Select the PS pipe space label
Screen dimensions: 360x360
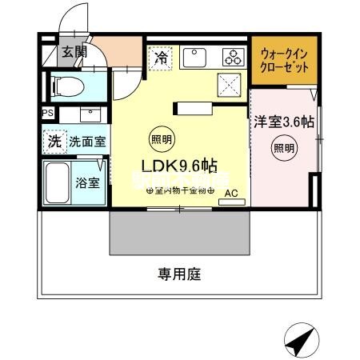[x=47, y=114]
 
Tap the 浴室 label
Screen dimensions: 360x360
[x=87, y=182]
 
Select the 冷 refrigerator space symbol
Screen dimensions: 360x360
[x=160, y=58]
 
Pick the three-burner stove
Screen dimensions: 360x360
[x=234, y=57]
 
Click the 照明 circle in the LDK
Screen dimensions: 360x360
[x=161, y=139]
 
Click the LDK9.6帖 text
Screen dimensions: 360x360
[x=179, y=166]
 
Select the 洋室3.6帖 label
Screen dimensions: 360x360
[x=285, y=123]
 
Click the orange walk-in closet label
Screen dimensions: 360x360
[x=282, y=62]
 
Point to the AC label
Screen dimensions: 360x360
[x=230, y=194]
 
